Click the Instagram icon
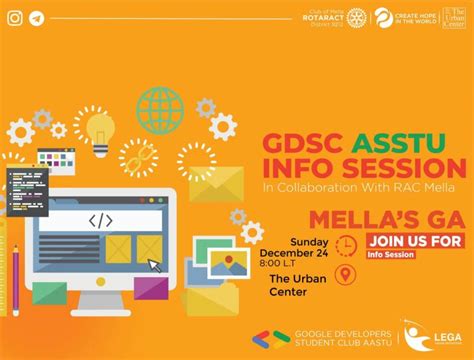tap(13, 17)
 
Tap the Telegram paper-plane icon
tap(36, 17)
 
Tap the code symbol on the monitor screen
tap(100, 221)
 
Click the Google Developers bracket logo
tap(264, 337)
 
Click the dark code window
tap(26, 191)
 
